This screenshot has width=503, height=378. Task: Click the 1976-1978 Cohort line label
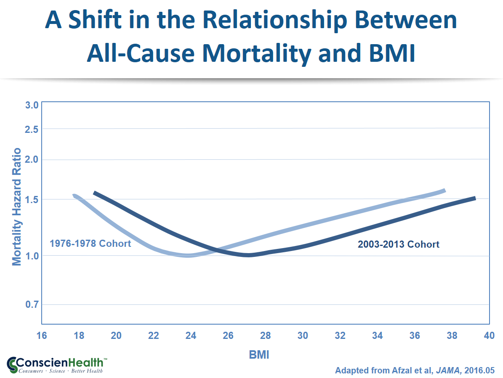pyautogui.click(x=90, y=243)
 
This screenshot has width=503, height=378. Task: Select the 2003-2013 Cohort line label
pyautogui.click(x=398, y=244)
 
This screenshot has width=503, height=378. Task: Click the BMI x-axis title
pyautogui.click(x=258, y=355)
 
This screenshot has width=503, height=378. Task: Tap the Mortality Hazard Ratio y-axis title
pyautogui.click(x=16, y=206)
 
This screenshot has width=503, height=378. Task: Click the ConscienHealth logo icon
pyautogui.click(x=13, y=365)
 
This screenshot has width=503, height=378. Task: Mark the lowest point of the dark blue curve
pyautogui.click(x=248, y=255)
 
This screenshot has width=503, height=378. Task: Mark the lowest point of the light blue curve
pyautogui.click(x=189, y=255)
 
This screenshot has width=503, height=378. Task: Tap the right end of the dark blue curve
pyautogui.click(x=474, y=198)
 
